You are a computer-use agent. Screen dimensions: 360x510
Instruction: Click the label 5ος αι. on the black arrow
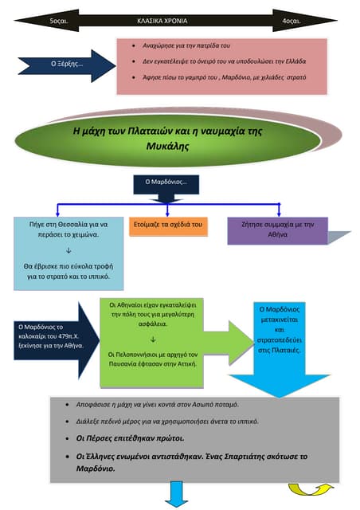click(59, 22)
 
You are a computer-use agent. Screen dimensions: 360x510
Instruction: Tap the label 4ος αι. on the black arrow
click(291, 22)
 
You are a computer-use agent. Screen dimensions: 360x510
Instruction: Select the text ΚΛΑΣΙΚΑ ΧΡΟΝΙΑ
click(162, 21)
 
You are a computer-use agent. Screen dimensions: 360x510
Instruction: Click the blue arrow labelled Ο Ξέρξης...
click(67, 65)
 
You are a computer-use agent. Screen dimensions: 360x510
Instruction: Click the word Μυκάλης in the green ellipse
click(167, 146)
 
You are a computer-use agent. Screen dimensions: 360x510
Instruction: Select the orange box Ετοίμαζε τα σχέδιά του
click(168, 226)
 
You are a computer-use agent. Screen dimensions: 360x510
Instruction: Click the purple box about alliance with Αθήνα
click(277, 230)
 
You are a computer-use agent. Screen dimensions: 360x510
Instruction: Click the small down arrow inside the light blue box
click(68, 250)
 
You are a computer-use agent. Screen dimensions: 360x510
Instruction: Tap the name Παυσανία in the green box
click(123, 364)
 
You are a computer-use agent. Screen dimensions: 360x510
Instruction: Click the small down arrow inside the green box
click(153, 339)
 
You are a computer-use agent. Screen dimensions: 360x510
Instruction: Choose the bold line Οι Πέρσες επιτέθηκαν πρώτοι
click(130, 438)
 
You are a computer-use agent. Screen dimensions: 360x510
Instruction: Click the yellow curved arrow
click(311, 489)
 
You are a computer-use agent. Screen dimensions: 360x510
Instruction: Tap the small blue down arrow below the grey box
click(176, 494)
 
